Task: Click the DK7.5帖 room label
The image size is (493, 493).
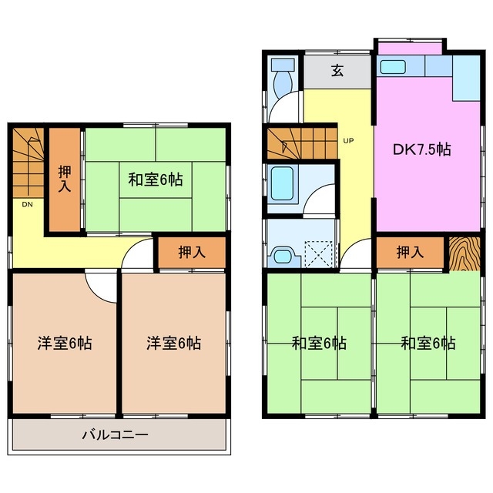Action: coord(423,150)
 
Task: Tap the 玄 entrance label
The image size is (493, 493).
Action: coord(337,71)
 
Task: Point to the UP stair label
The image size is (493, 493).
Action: coord(348,141)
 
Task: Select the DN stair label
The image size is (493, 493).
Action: coord(26,205)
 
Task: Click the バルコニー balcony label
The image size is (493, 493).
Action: coord(116,435)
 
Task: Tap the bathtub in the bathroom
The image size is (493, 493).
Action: coord(283,183)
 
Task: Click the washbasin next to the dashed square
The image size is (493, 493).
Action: coord(282,254)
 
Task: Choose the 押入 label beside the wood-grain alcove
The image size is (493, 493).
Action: coord(410,252)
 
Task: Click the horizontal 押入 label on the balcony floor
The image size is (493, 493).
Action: coord(191,252)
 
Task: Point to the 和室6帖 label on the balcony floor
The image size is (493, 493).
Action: coord(155,180)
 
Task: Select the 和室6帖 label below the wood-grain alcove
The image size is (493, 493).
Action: coord(428,343)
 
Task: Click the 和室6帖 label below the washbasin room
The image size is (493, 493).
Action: coord(318,343)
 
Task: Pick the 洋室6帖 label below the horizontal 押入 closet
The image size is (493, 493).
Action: coord(174,343)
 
